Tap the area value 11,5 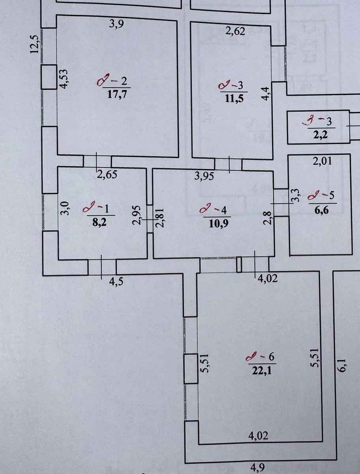[234, 98]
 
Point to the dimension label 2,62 [235, 30]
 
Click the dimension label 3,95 [204, 176]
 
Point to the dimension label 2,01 [322, 161]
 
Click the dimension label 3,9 [116, 24]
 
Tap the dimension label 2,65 [107, 174]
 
